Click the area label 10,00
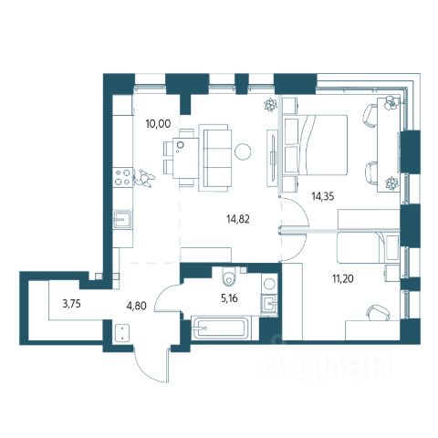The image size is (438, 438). [x=158, y=124]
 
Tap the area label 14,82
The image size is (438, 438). [x=238, y=219]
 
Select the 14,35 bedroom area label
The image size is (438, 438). [x=323, y=196]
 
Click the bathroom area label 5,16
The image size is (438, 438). [x=230, y=298]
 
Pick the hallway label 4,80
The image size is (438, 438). [x=137, y=305]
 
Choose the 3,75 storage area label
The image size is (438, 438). [x=71, y=304]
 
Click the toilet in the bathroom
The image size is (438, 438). [x=229, y=276]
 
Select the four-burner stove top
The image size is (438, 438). [x=122, y=178]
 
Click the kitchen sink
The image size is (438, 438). [x=122, y=219]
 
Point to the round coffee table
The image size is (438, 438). [x=243, y=151]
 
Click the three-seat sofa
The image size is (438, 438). [x=215, y=158]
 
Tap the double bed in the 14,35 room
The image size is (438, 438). [x=315, y=145]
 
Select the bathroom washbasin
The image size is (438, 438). [x=269, y=303]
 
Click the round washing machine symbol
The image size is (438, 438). [x=269, y=284]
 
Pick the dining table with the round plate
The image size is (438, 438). [x=185, y=158]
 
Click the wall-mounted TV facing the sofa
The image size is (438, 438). [x=273, y=158]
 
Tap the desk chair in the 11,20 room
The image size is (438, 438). [x=379, y=312]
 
